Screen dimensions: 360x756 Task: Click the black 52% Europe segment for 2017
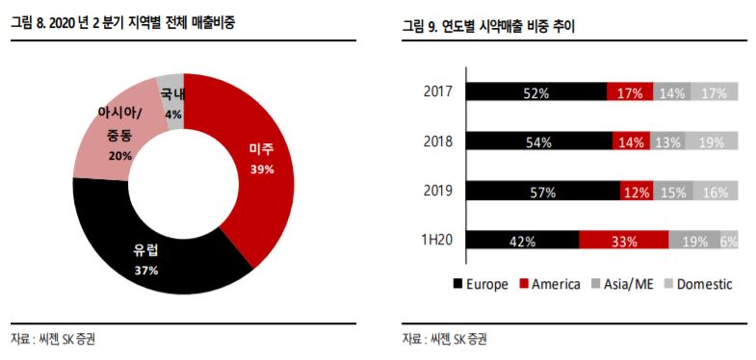(536, 92)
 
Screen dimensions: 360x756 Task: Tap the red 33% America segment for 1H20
(623, 241)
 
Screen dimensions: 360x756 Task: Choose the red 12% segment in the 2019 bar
(636, 191)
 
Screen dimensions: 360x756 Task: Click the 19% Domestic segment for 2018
(712, 141)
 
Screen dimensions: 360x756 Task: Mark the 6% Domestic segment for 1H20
(728, 241)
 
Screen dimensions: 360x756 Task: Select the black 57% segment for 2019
(543, 191)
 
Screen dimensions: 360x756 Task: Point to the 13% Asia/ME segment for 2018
(666, 141)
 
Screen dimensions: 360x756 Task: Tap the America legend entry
(550, 284)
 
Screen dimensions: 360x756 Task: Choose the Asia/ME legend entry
(623, 284)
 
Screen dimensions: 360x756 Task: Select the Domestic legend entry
(696, 284)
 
